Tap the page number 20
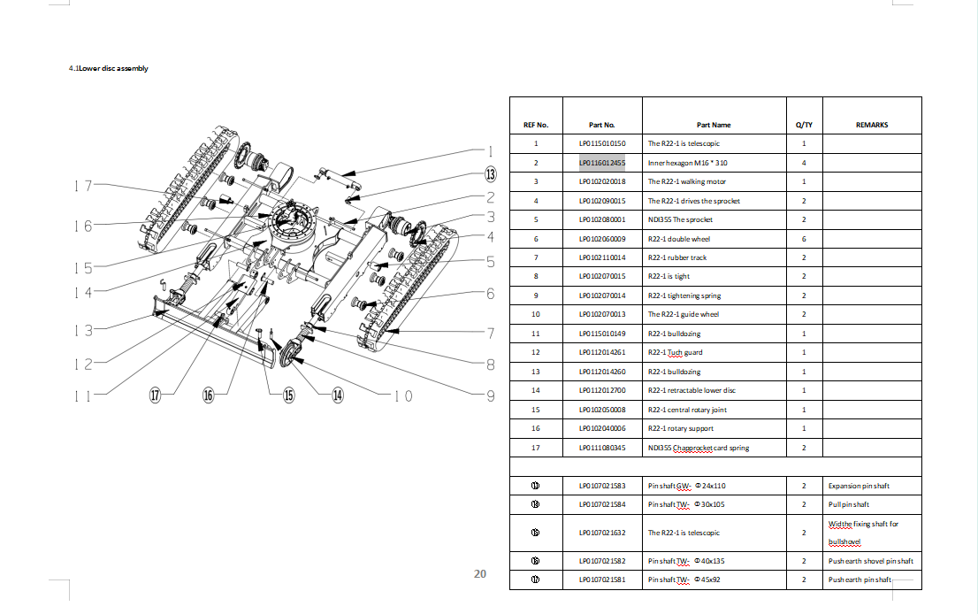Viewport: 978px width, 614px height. coord(480,573)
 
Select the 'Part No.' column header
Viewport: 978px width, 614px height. coord(601,125)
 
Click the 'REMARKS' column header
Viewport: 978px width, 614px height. coord(871,125)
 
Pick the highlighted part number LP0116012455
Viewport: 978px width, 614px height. coord(601,163)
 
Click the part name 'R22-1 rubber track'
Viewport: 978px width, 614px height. coord(677,257)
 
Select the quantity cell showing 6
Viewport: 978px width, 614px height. coord(804,239)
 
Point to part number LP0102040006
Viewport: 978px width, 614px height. coord(601,429)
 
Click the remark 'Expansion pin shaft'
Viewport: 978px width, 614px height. coord(859,486)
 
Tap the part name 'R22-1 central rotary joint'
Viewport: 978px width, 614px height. coord(687,410)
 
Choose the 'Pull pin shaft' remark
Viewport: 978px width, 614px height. coord(849,504)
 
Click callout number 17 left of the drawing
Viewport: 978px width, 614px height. coord(83,186)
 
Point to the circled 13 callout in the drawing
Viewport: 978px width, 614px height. coord(490,173)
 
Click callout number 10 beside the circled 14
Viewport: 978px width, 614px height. coord(402,396)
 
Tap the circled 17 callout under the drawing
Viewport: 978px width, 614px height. coord(156,395)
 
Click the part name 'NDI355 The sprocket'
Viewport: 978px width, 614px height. coord(680,219)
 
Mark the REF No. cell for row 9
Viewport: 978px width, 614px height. coord(536,295)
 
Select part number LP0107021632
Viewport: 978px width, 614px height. coord(601,533)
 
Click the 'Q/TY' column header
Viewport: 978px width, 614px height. coord(804,125)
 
